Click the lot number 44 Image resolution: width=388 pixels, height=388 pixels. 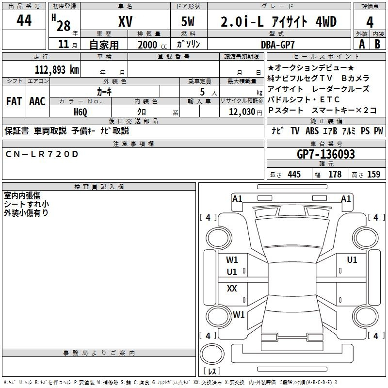pos(24,20)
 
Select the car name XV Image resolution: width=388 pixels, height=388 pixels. pos(125,21)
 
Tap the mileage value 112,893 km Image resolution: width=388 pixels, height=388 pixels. pos(57,70)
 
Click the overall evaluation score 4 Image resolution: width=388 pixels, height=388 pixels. pos(370,22)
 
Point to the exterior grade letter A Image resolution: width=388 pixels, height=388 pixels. pos(362,44)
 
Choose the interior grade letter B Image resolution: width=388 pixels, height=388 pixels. pos(377,44)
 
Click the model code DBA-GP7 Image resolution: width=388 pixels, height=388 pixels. pos(278,45)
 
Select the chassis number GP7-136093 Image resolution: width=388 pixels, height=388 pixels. pos(325,154)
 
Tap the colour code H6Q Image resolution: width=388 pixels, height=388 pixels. pos(81,112)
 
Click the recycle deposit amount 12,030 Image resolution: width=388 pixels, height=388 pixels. pos(242,112)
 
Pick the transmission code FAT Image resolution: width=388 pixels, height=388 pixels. pos(14,101)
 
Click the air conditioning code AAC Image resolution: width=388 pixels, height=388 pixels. pos(37,101)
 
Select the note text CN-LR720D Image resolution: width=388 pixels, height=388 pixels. pos(42,154)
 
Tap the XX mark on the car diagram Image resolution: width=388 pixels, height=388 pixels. pos(232,288)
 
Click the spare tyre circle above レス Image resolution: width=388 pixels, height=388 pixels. pos(212,354)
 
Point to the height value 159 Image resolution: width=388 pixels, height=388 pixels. pos(373,174)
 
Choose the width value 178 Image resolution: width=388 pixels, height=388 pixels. pos(335,174)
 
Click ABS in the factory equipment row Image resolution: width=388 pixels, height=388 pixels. pos(312,131)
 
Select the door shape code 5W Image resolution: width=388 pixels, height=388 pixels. pos(188,21)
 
